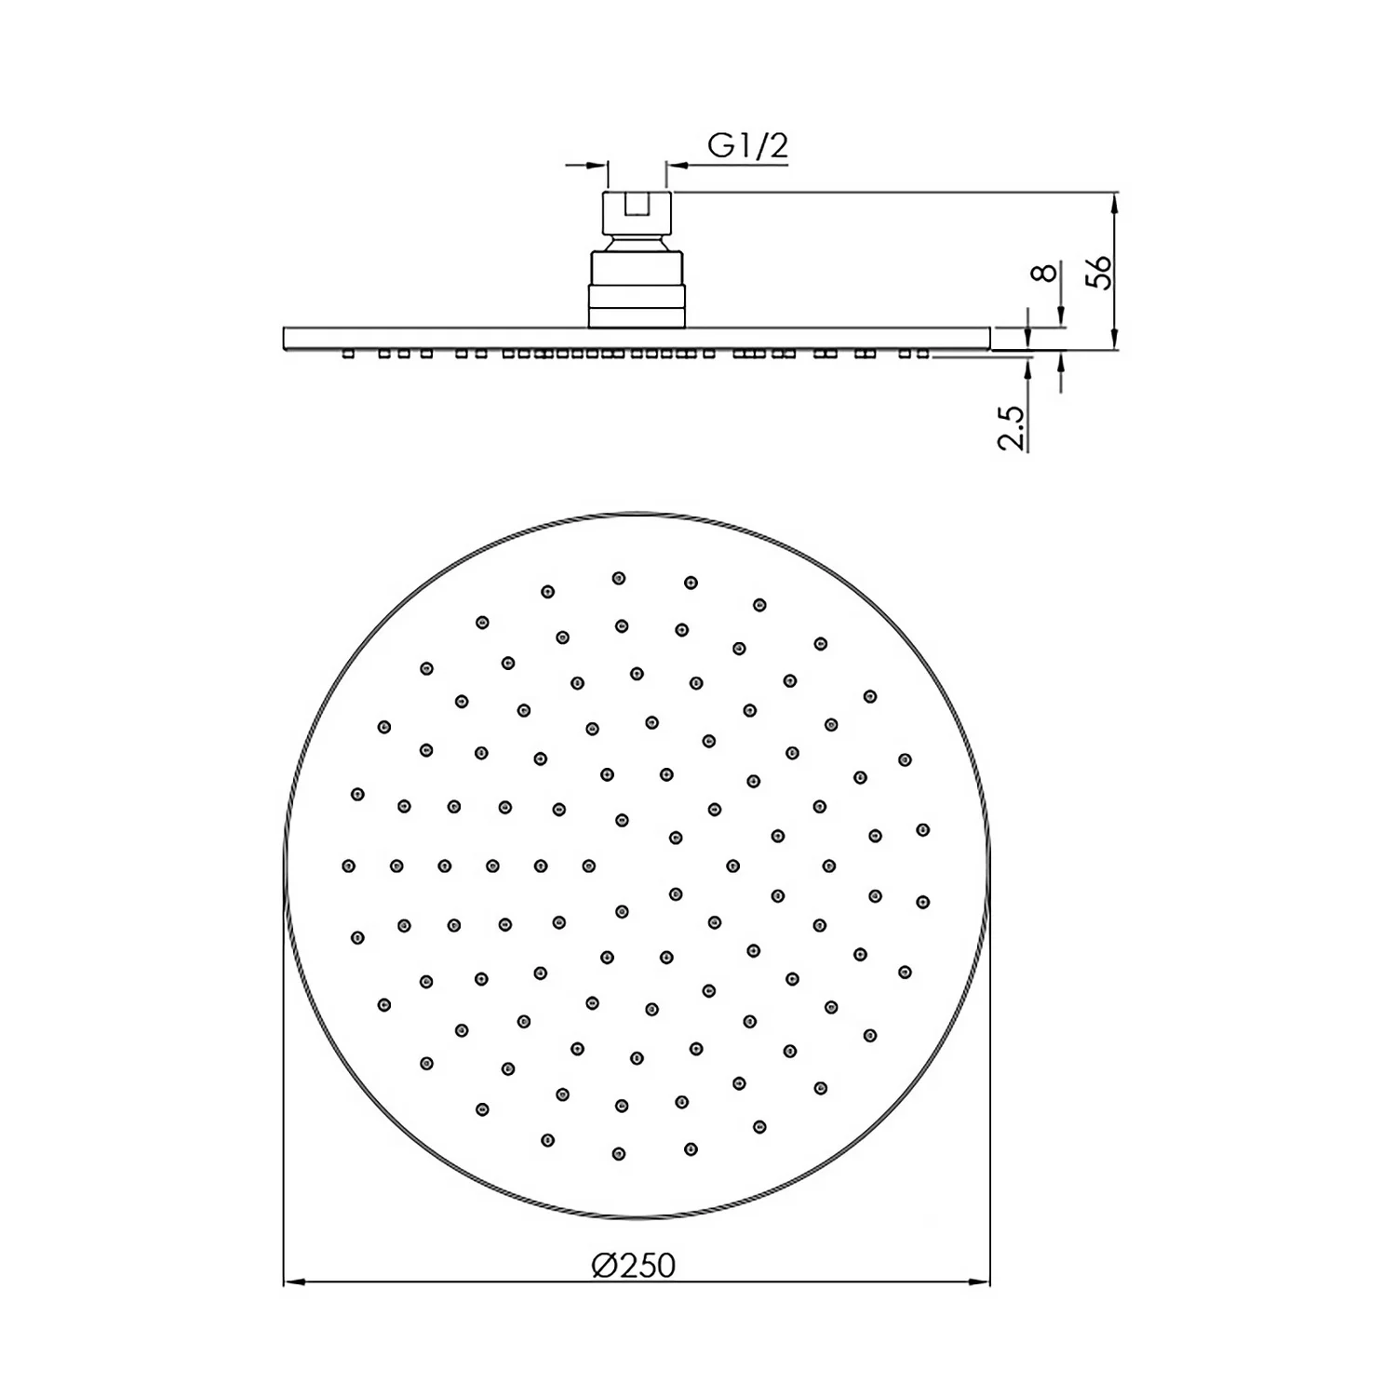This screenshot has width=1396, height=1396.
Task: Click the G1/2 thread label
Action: pos(747,146)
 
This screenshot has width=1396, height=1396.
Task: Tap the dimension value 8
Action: pos(1046,272)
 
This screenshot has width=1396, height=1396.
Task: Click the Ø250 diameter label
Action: pos(633,1266)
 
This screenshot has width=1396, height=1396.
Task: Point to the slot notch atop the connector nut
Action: pos(638,204)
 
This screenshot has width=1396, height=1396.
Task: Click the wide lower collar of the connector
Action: pos(638,307)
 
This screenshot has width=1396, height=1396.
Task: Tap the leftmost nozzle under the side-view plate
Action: pos(348,354)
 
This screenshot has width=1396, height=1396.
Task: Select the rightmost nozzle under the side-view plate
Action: pos(922,354)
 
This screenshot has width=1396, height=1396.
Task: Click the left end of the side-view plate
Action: pos(286,339)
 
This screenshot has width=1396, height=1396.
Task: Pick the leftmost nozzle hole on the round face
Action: pos(349,866)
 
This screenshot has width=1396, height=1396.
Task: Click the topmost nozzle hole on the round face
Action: pos(619,578)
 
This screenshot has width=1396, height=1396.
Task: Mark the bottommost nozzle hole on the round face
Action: pos(619,1154)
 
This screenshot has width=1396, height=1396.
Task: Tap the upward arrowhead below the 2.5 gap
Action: pos(1027,367)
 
